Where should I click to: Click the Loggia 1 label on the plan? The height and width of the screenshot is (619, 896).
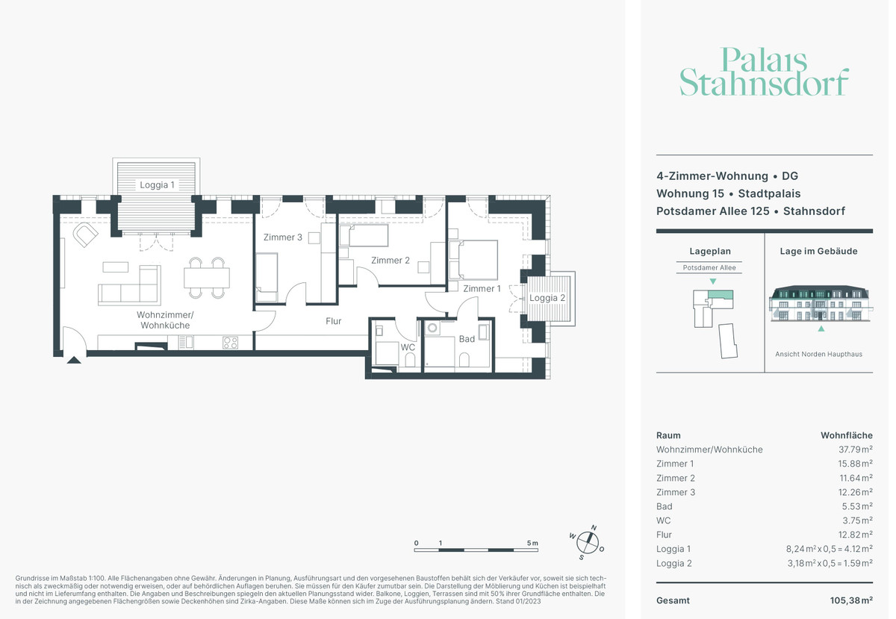point(157,185)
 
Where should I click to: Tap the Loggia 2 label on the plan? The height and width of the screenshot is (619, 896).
point(547,298)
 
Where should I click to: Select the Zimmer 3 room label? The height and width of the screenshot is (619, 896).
point(282,237)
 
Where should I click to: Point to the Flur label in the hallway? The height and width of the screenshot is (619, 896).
point(333,321)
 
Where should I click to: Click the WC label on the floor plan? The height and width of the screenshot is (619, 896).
point(408,347)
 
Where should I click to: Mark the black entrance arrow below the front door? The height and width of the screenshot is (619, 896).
point(74,360)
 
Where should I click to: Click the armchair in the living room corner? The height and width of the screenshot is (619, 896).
point(85,234)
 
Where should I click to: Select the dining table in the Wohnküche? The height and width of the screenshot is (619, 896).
point(207,278)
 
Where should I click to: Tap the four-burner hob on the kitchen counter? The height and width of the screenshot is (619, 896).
point(230,343)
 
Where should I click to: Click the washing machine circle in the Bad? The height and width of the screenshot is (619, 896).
point(432,328)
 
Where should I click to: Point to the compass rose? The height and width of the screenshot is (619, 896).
point(587,543)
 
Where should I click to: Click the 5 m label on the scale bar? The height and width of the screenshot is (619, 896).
point(532,543)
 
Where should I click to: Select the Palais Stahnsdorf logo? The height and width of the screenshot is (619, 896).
point(764,72)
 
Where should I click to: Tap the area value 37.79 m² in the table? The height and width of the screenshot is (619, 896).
point(855,450)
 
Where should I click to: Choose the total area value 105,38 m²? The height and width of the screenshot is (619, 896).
point(851,600)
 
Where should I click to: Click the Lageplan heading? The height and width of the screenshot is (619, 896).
point(710,252)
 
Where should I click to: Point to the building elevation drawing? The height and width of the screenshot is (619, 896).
point(819,303)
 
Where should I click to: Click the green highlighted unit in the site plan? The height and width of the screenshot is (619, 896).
point(721,294)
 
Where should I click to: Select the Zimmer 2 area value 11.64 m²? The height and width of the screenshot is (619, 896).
point(856,478)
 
